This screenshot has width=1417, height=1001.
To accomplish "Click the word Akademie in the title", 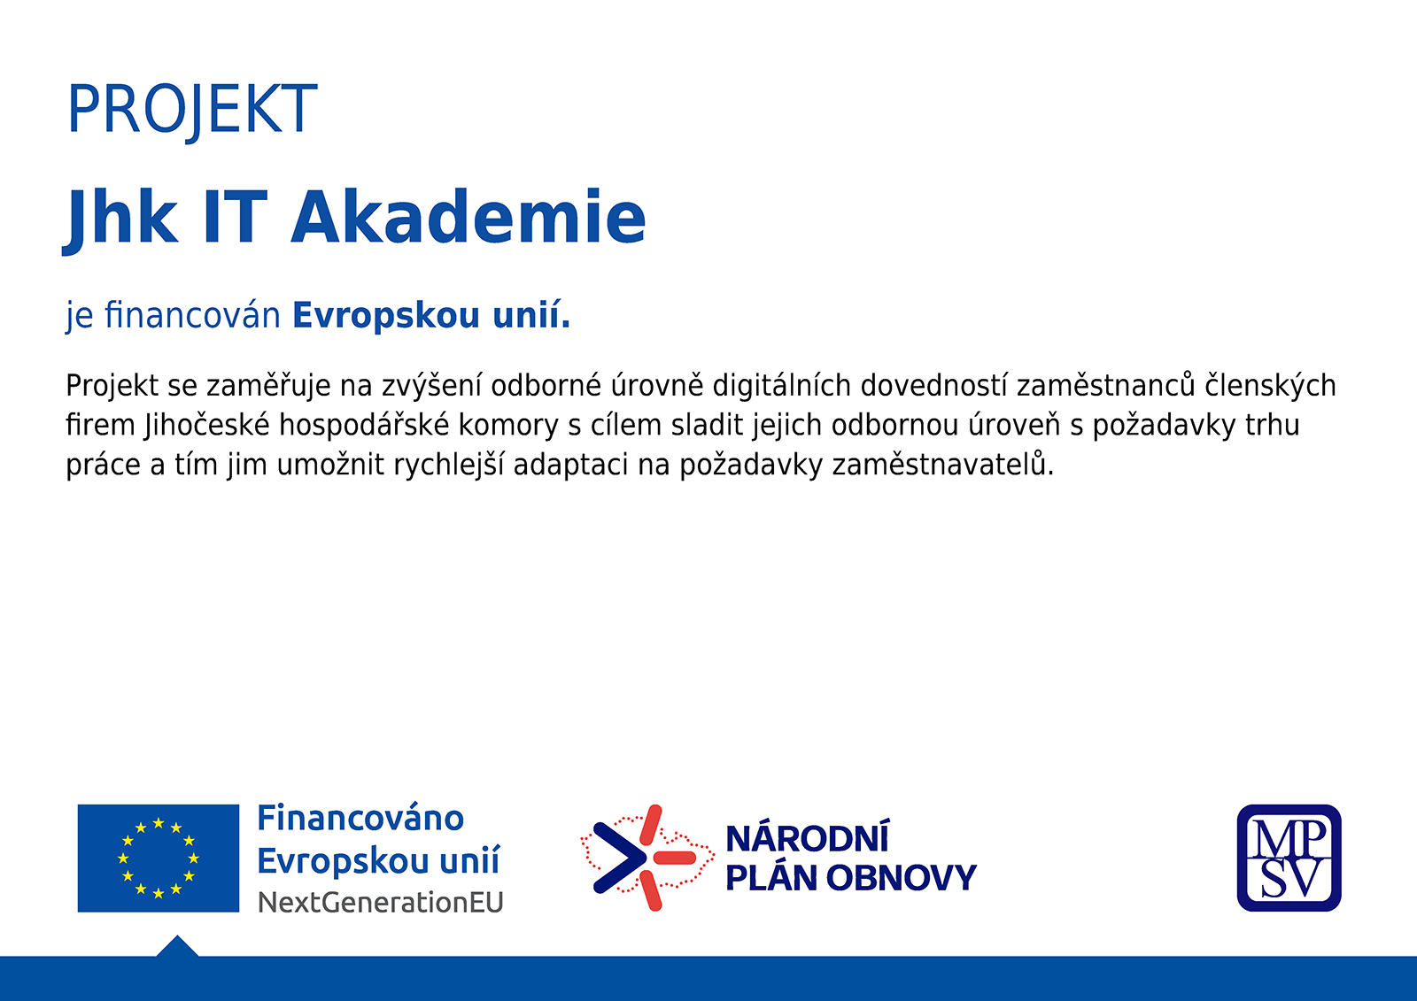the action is tap(468, 217).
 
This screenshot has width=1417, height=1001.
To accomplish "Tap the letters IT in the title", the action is tap(236, 217).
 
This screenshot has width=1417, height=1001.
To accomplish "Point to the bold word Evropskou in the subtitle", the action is tap(386, 316).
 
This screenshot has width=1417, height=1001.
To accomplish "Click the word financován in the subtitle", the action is tap(192, 315).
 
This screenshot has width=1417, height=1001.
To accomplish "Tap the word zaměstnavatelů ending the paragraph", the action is tap(942, 465).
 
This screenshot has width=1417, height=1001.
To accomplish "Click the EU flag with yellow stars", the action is tap(159, 859).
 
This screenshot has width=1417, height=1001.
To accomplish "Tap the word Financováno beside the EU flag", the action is tap(360, 819).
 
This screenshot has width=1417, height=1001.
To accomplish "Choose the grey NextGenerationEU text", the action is tap(380, 903).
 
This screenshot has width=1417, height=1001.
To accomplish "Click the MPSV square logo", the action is tap(1289, 859).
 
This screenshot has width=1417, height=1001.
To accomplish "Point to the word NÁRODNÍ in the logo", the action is tap(808, 838).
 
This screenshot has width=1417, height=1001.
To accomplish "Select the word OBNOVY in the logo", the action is tap(901, 878).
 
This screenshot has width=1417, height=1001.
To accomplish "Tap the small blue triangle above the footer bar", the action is tap(177, 948).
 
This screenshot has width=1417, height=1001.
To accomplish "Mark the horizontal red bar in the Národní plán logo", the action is tap(674, 858).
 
